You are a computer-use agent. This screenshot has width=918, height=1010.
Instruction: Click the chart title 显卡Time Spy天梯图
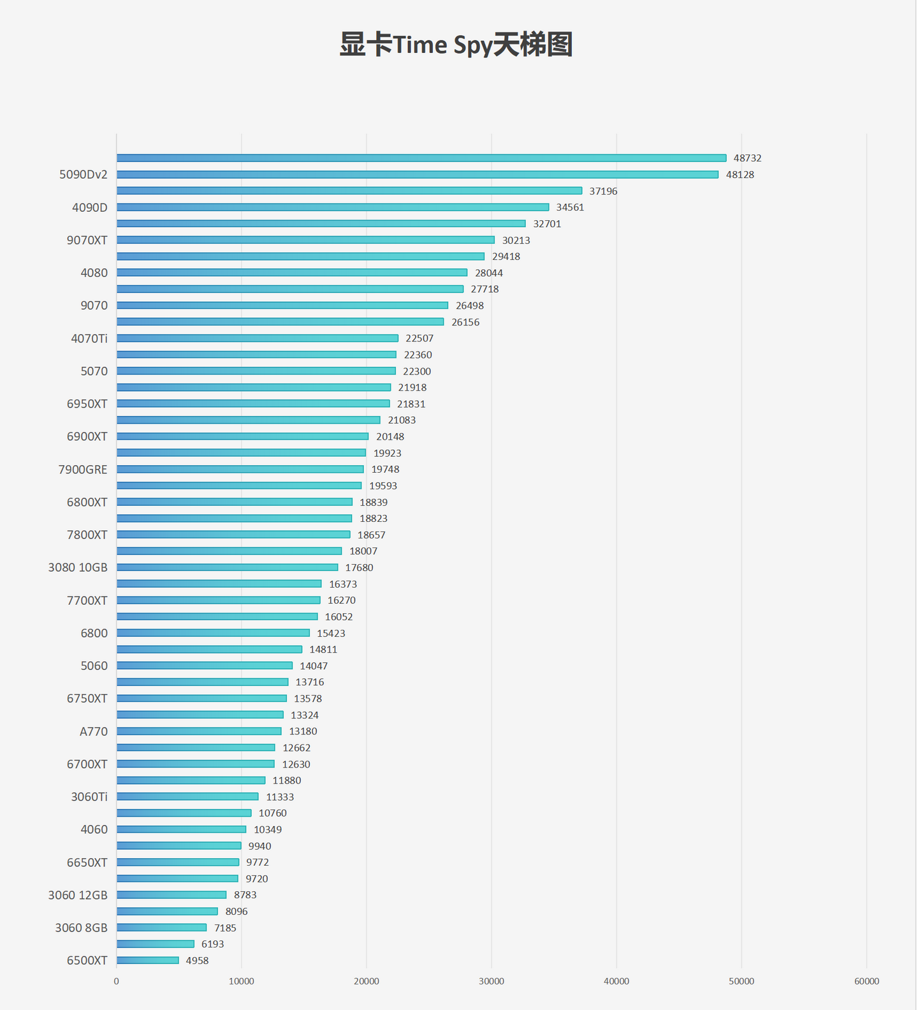click(456, 45)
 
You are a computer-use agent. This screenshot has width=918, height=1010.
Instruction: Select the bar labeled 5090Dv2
click(418, 175)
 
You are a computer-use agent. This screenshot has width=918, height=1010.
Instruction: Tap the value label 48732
click(747, 158)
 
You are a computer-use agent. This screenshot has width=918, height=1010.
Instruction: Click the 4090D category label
click(90, 207)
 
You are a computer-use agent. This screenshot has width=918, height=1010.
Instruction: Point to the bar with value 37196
click(349, 191)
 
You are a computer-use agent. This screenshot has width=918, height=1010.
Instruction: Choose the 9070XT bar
click(305, 240)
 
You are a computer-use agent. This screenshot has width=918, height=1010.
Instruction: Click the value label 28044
click(489, 273)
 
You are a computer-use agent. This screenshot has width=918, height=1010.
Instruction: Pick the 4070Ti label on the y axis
click(89, 338)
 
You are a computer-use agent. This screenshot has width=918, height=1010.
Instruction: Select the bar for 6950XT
click(253, 404)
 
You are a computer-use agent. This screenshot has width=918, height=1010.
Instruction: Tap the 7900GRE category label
click(83, 470)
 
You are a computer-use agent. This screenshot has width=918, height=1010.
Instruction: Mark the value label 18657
click(371, 535)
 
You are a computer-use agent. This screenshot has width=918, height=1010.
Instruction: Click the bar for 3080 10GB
click(227, 567)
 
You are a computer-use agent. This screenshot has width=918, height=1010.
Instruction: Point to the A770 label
click(94, 732)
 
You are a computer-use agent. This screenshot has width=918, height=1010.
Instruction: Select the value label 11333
click(280, 797)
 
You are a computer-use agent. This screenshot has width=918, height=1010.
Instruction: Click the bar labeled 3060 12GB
click(171, 895)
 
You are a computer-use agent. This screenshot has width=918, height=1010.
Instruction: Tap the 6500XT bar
click(148, 960)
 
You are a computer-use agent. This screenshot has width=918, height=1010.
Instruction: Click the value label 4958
click(197, 961)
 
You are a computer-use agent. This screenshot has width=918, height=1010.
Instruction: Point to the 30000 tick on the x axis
click(492, 981)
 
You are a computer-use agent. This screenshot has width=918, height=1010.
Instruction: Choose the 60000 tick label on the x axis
click(866, 981)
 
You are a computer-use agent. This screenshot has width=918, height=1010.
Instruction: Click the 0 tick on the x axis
click(117, 981)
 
